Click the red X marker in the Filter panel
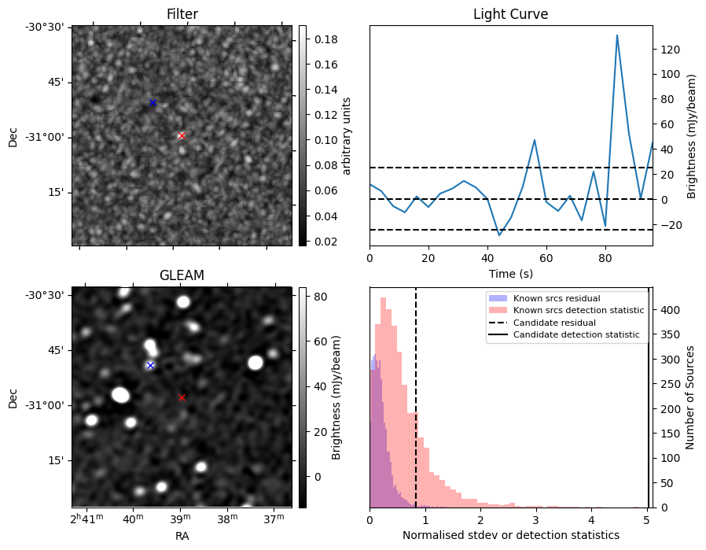pos(182,135)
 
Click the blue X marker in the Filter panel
pos(153,103)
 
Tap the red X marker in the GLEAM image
pos(182,397)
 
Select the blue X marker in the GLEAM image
pos(150,365)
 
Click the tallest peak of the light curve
pos(617,35)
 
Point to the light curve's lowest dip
pos(499,235)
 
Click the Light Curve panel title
pos(510,14)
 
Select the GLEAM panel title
pos(182,275)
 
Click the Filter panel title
pos(182,14)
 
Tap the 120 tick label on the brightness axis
pos(670,49)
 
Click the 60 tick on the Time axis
pos(546,258)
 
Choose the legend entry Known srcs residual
pos(557,298)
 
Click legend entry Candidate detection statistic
pos(576,334)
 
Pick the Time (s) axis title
pos(511,273)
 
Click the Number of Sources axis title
pos(690,397)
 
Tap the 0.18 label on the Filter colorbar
pos(326,39)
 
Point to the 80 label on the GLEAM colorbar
pos(321,297)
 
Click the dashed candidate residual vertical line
pos(416,398)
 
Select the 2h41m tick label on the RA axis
pos(87,519)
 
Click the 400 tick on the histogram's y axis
pos(670,310)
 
